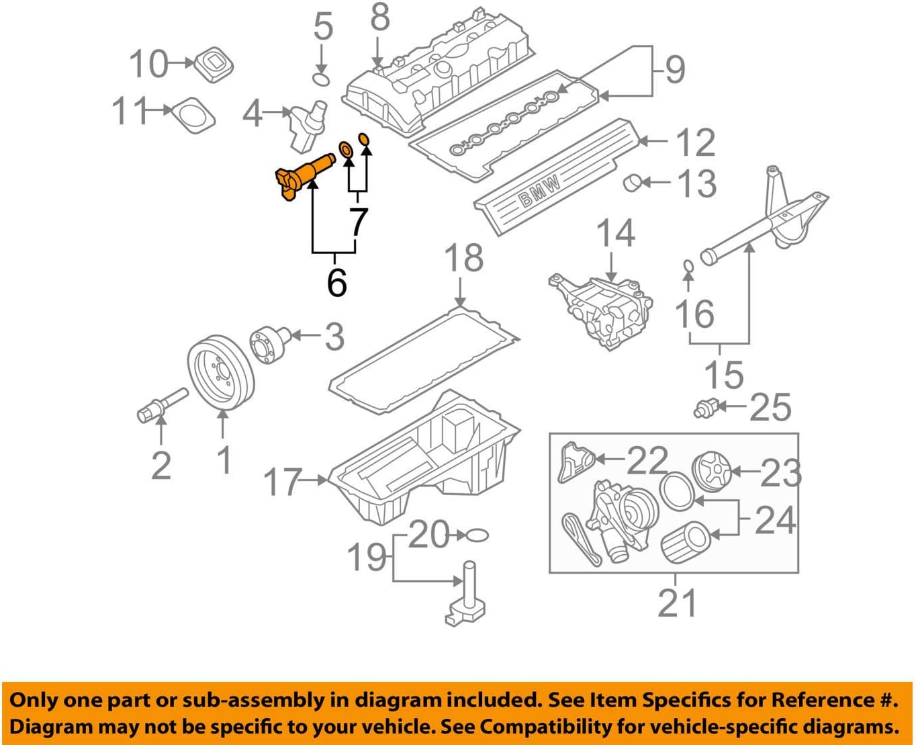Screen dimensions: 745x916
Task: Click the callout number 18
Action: tap(464, 258)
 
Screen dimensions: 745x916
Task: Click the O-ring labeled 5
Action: tap(322, 81)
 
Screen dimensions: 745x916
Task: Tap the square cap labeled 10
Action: tap(214, 64)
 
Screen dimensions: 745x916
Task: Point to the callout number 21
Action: tap(677, 603)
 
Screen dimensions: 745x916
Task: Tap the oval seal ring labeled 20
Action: tap(477, 535)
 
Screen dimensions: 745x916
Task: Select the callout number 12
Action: tap(695, 142)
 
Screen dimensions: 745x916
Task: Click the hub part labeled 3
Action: tap(271, 344)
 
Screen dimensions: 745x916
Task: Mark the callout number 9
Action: tap(674, 69)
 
